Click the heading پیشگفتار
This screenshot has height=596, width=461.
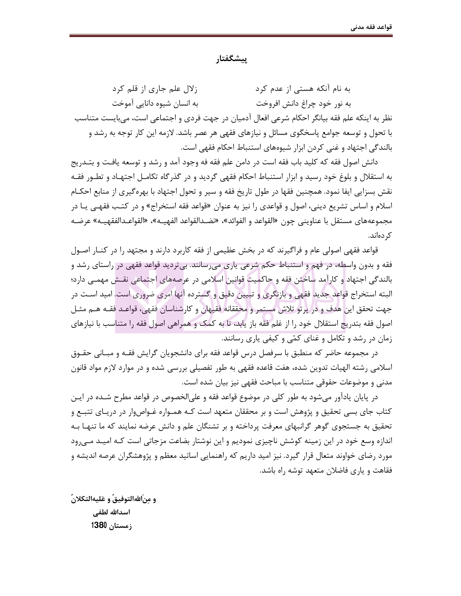(x=231, y=59)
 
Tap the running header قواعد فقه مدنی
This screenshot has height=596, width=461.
(x=371, y=27)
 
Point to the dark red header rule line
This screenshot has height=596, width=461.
(x=231, y=36)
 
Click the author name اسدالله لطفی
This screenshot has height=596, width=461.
(x=111, y=512)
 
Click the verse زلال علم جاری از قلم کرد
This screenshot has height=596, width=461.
(x=155, y=89)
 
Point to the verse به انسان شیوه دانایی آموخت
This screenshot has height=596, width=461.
(x=155, y=103)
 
